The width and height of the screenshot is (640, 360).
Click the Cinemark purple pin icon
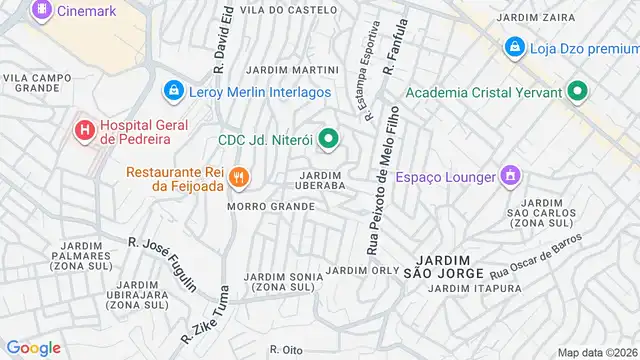pos(42,10)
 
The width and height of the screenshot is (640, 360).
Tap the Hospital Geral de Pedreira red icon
pos(84,129)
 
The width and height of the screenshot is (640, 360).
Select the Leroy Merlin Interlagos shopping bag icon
pos(174,91)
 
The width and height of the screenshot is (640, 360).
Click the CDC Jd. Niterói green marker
pos(328,139)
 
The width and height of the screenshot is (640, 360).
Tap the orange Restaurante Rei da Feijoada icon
pos(238,179)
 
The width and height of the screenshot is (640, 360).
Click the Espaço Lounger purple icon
pos(511,177)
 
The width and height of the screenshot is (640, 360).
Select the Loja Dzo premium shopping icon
pos(514,46)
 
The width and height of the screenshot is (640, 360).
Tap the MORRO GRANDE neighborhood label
pos(270,207)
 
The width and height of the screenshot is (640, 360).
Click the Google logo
pos(33,348)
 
